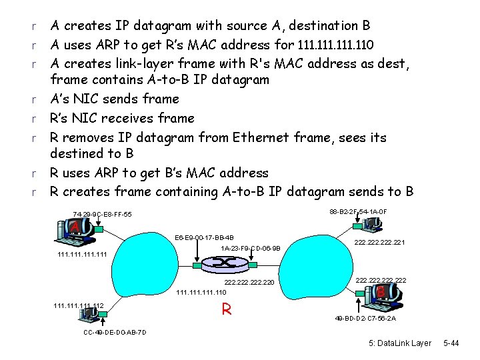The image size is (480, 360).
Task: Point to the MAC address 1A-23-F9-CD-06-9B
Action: [251, 249]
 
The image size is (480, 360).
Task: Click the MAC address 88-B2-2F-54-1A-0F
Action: [358, 212]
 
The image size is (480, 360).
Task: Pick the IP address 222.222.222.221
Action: [380, 243]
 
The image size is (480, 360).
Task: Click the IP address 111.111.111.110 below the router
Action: [201, 292]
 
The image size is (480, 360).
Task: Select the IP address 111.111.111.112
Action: [78, 306]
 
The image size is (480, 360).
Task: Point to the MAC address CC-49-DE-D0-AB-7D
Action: [115, 333]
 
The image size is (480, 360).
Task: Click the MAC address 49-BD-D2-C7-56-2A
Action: [366, 318]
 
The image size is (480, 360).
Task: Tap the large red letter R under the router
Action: [227, 309]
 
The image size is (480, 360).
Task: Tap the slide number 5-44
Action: [451, 343]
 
